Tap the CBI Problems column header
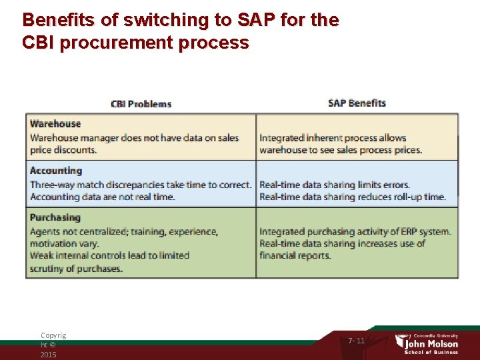141,104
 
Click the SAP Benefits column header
357,103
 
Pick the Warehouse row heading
55,124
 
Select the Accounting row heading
55,171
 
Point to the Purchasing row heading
55,217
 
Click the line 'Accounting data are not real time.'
102,197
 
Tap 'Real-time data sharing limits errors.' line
334,185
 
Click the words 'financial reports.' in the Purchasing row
295,255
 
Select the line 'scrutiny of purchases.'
76,269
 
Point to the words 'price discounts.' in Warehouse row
63,150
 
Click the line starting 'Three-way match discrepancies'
140,185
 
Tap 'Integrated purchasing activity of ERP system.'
355,231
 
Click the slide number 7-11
357,341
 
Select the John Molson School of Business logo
427,341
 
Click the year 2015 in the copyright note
48,355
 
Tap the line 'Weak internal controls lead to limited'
109,255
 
